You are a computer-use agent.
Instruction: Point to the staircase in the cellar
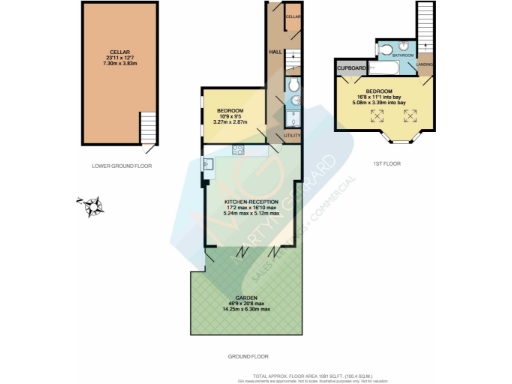(x=148, y=128)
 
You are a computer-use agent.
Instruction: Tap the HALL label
(x=273, y=51)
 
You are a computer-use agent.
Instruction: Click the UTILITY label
(x=293, y=131)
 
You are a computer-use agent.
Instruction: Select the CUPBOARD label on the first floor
(x=351, y=68)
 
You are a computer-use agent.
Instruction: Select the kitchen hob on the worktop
(x=237, y=151)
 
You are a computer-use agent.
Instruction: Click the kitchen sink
(x=207, y=163)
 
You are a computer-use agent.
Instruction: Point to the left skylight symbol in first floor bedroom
(x=376, y=115)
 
